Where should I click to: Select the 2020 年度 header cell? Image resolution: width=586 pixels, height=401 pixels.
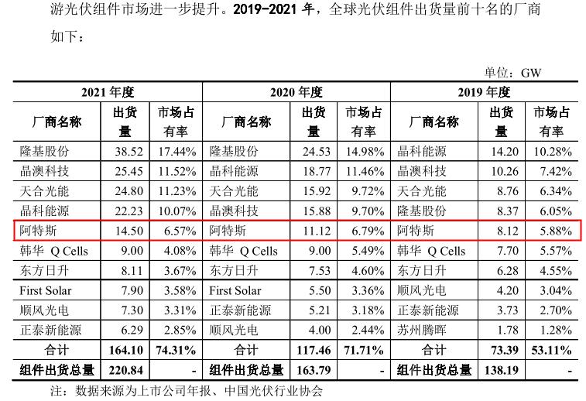[296, 92]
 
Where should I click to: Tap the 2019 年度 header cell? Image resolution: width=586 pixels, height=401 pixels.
[484, 92]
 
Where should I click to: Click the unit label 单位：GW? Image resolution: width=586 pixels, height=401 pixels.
[513, 72]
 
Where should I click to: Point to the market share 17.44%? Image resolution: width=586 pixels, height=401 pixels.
[176, 151]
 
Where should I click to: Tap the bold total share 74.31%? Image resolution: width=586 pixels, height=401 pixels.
[176, 351]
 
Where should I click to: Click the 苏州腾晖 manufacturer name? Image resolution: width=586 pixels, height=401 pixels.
[422, 331]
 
